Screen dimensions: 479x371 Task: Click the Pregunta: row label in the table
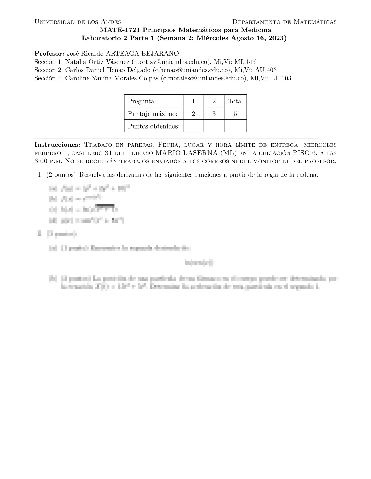(142, 101)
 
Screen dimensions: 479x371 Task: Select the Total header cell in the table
(236, 101)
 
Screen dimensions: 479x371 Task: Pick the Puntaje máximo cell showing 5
(236, 114)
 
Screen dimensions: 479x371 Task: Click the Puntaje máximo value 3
(214, 114)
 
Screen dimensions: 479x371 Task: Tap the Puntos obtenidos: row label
(154, 126)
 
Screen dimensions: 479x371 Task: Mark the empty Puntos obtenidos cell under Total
(236, 126)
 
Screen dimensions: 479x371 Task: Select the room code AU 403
(266, 70)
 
